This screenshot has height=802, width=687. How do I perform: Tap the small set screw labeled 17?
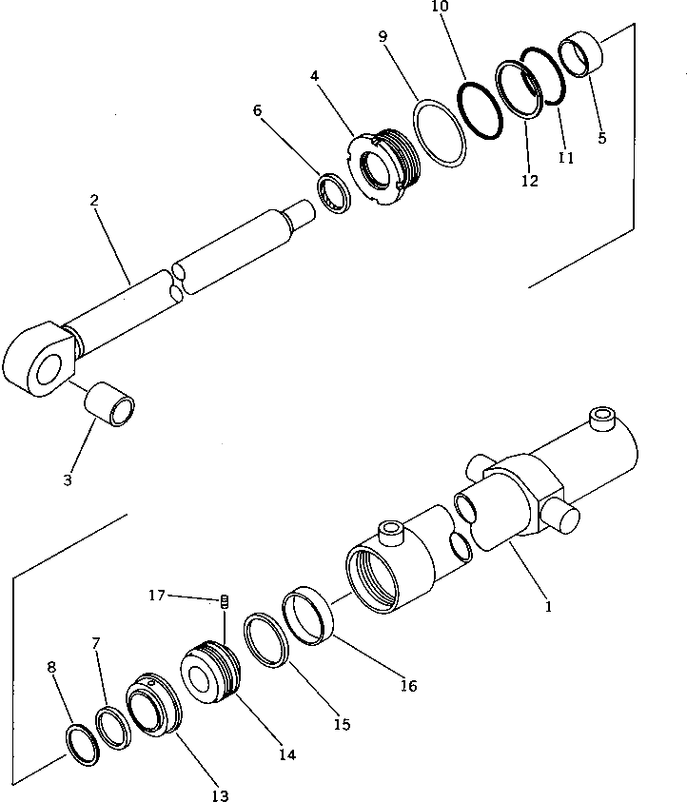pos(225,600)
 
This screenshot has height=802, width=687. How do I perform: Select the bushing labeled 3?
pos(110,404)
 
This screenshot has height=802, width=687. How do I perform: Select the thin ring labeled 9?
pos(440,134)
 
